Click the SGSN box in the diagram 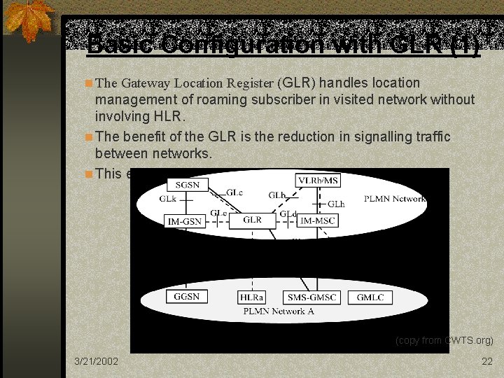click(187, 184)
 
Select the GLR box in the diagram click(252, 220)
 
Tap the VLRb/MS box click(318, 181)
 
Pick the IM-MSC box click(317, 221)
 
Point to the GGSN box click(187, 297)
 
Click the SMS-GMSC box click(311, 297)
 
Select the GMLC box click(370, 297)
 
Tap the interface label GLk click(167, 199)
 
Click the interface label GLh click(336, 204)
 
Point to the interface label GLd click(288, 213)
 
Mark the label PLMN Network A click(278, 311)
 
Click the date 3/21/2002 click(97, 361)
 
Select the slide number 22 click(487, 361)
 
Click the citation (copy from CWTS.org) click(444, 341)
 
